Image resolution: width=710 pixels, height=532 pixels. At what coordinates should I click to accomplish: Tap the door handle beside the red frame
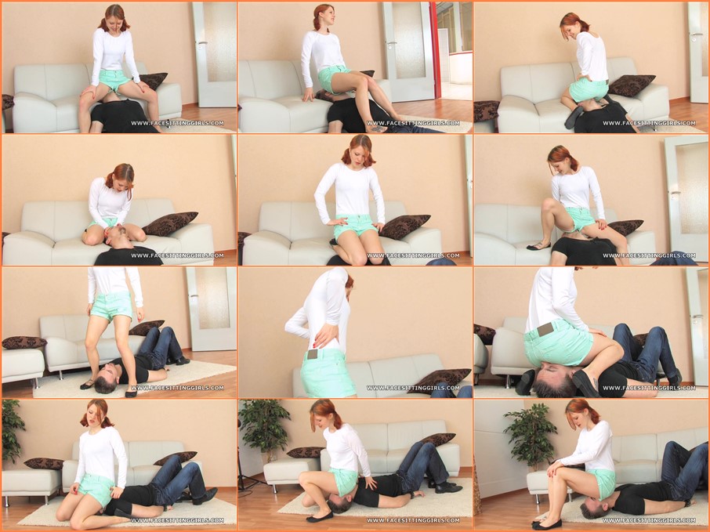pos(391,43)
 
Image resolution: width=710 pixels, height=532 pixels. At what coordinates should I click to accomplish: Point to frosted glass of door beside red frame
pos(408,40)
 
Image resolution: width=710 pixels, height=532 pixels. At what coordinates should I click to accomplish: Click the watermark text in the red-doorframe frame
pos(413,123)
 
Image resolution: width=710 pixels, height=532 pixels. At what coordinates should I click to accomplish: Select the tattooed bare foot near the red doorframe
pos(378,129)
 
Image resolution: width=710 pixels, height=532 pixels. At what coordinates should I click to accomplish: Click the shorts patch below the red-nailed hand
pos(313,354)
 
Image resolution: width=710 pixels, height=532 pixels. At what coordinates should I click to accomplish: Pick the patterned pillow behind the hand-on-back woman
pos(440,379)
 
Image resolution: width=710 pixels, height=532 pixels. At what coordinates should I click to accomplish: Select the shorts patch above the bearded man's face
pos(545,330)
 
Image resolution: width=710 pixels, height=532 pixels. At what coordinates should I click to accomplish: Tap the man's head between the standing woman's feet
pos(106,379)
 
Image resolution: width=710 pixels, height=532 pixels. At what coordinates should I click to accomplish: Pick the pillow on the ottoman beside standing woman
pos(24,342)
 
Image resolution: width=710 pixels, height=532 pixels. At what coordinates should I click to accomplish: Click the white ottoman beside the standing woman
pos(23,364)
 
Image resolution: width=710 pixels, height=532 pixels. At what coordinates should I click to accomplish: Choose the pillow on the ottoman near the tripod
pos(304,452)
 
